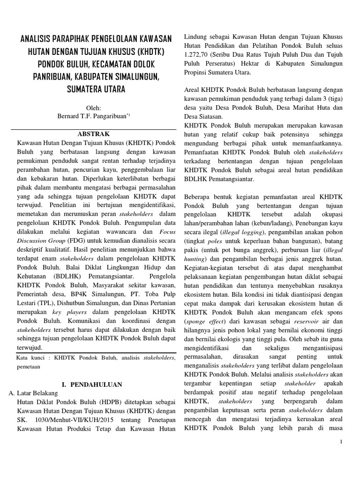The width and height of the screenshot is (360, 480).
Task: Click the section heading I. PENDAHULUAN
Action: coord(92,384)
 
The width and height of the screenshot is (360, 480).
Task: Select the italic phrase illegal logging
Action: coord(244,232)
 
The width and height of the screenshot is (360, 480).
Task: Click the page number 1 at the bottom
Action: coord(342,442)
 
